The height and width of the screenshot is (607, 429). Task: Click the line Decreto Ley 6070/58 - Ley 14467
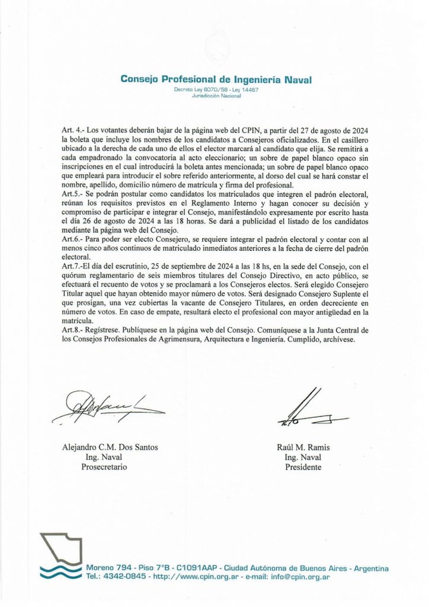216,90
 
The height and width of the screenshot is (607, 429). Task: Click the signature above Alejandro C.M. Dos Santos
107,407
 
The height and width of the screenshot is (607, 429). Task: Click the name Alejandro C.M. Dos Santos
110,448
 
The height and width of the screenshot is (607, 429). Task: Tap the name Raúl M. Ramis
303,448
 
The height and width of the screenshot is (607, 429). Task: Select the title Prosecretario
104,467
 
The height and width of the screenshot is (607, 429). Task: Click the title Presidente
303,467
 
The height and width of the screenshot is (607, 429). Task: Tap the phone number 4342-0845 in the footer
127,576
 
